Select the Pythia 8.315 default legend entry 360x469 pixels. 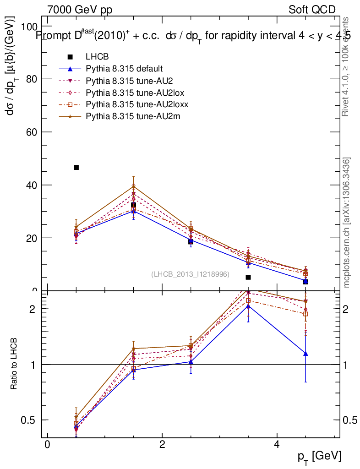(124, 69)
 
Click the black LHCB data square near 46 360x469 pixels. (76, 168)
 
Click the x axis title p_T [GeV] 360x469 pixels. (320, 456)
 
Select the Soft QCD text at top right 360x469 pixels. (312, 10)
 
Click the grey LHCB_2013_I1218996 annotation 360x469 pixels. (190, 274)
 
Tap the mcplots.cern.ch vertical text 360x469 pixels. (347, 223)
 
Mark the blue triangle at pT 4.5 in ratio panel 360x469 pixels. (305, 354)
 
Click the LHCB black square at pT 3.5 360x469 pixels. (248, 277)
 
